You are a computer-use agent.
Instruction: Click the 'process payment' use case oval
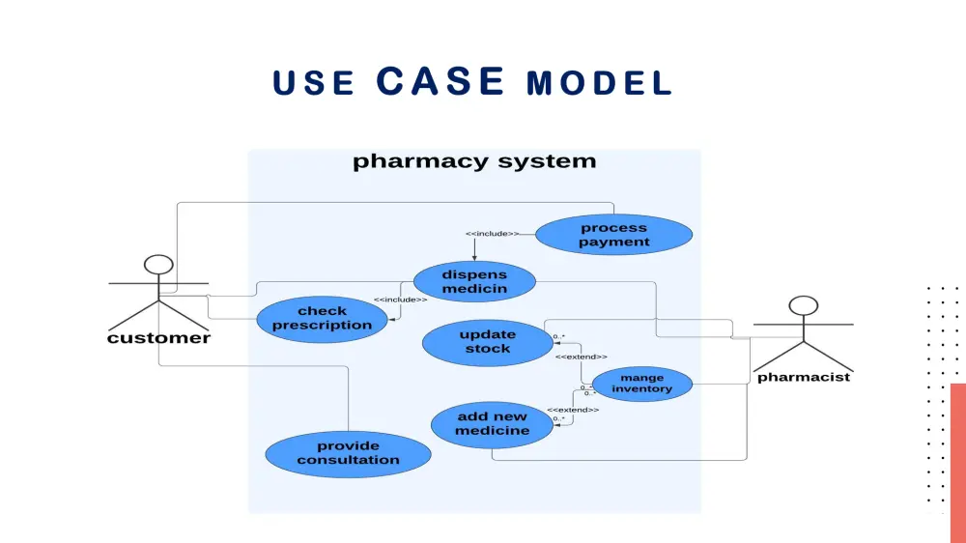click(x=613, y=235)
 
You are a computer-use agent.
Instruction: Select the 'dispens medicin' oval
click(x=474, y=281)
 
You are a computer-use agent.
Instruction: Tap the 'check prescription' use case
click(x=322, y=318)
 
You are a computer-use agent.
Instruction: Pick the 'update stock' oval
click(x=488, y=341)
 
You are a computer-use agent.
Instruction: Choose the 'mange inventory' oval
click(x=641, y=384)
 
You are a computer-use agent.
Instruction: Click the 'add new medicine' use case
click(x=493, y=423)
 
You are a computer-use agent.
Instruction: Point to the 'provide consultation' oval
click(x=348, y=453)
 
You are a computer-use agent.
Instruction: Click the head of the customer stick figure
click(x=158, y=265)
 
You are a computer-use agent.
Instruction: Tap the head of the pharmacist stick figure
click(x=803, y=306)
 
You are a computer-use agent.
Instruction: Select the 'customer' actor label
click(x=158, y=338)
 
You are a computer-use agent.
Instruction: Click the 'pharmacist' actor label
click(x=803, y=377)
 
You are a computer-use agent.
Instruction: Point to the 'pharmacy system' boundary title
click(x=474, y=161)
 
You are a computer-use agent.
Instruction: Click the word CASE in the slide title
click(x=440, y=81)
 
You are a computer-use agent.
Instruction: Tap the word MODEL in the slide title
click(x=599, y=84)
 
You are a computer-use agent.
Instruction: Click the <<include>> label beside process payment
click(x=492, y=234)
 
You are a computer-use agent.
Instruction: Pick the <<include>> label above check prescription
click(x=400, y=300)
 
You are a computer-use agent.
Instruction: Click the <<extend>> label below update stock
click(x=581, y=357)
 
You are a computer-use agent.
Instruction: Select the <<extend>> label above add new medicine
click(x=573, y=410)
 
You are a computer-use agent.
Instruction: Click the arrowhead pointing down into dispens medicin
click(x=474, y=257)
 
